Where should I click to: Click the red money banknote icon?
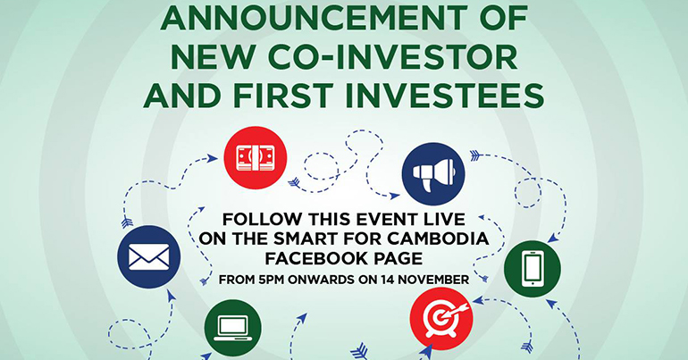click(x=256, y=158)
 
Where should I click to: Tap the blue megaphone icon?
click(x=433, y=174)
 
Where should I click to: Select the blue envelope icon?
click(x=148, y=257)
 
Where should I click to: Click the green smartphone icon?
click(x=533, y=269)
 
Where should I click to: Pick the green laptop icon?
click(x=233, y=328)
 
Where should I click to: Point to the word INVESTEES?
click(x=445, y=96)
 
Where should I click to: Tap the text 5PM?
click(x=274, y=280)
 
